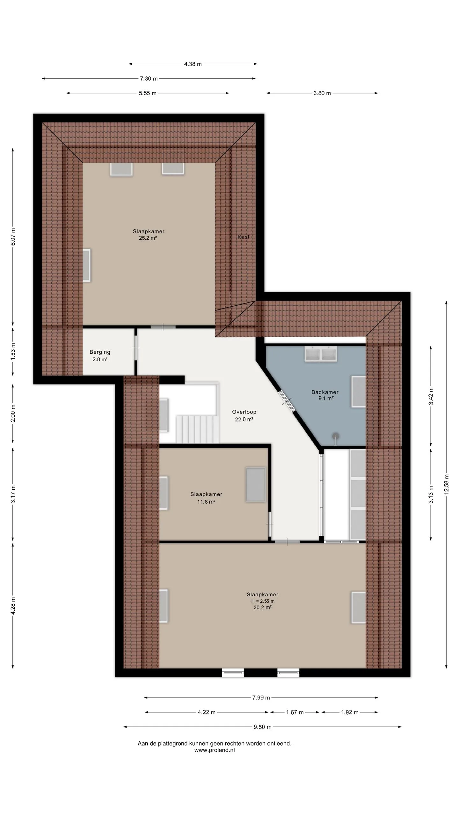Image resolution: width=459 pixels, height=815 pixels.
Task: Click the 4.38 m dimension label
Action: pos(193,64)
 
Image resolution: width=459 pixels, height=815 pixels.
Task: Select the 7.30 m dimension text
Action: pos(149,79)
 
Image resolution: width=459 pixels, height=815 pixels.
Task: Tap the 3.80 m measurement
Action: pos(322,93)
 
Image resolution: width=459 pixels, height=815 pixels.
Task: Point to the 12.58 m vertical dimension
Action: pos(446,484)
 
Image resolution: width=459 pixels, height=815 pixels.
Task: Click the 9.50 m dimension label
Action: pos(263,727)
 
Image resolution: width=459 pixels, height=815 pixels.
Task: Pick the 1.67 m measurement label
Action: pos(295,712)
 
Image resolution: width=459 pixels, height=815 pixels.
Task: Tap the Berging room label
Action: pos(100,352)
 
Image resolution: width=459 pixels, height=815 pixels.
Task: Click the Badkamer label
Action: pos(325,392)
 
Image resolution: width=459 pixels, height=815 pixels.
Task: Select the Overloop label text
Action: pos(244,412)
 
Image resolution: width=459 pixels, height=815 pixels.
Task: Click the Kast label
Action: pos(244,237)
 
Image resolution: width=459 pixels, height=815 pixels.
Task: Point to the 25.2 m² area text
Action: pos(148,238)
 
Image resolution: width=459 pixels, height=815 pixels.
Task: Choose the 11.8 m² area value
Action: pos(206,502)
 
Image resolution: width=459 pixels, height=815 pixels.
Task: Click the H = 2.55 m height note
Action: pos(263,601)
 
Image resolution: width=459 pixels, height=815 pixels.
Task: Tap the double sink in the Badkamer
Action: pos(321,354)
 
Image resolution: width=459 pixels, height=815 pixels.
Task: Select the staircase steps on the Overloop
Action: pos(198,429)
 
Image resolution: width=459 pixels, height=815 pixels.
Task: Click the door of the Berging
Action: pos(136,348)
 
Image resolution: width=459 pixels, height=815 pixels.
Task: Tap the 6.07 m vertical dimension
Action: pos(13,237)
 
